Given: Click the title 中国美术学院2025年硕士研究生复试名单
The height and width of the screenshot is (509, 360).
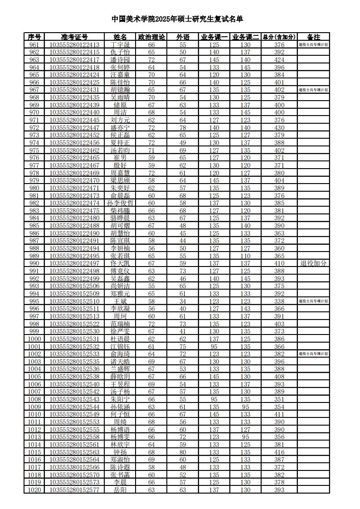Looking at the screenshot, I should [x=177, y=19].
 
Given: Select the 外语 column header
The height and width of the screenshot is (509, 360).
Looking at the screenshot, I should [x=183, y=37].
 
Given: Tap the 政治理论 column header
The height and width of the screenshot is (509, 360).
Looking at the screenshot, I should [x=151, y=37].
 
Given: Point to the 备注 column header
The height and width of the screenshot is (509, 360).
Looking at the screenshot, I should [x=313, y=37].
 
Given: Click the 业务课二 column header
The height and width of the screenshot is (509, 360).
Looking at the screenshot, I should [x=245, y=37].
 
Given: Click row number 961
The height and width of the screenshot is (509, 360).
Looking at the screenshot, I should [x=34, y=45].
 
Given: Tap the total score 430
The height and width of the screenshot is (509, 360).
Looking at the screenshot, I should [x=279, y=128].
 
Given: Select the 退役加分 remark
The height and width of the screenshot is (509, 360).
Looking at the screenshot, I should [x=313, y=263].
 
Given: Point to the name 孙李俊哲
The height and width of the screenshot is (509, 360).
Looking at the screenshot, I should [x=120, y=203].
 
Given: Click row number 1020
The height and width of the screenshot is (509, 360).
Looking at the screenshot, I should [x=34, y=490].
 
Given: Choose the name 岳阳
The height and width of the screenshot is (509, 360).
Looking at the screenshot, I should [x=120, y=490].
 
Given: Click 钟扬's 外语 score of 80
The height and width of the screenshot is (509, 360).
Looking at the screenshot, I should [x=183, y=452].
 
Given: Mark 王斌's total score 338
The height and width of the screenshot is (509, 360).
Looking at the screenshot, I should [x=279, y=301].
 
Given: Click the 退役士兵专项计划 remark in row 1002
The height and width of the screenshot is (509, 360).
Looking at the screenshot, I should [x=313, y=354].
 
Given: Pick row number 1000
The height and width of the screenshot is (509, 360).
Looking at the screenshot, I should [x=34, y=339].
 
